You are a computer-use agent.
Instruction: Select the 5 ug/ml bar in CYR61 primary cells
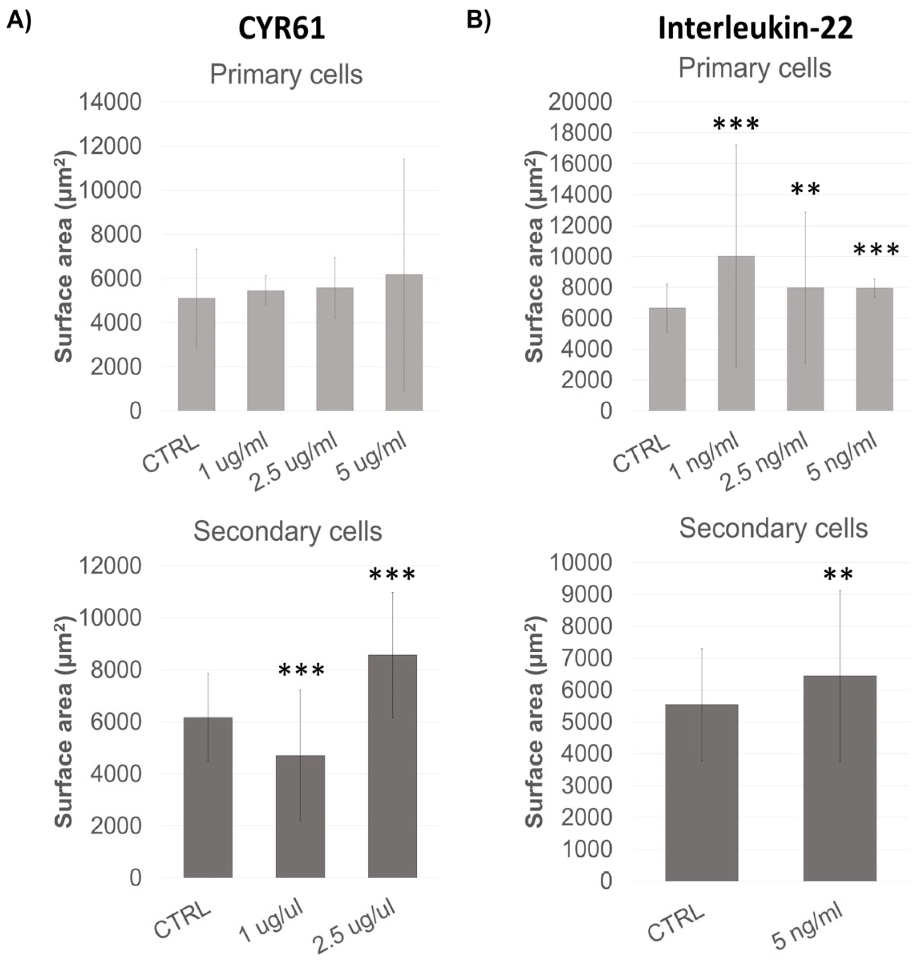point(404,342)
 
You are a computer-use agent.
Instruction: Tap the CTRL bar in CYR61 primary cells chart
point(196,354)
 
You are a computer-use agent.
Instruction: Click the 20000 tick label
point(580,102)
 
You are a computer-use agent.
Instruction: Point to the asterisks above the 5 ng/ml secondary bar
point(838,575)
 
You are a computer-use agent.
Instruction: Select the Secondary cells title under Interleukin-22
point(773,528)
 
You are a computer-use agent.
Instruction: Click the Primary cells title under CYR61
point(286,75)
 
